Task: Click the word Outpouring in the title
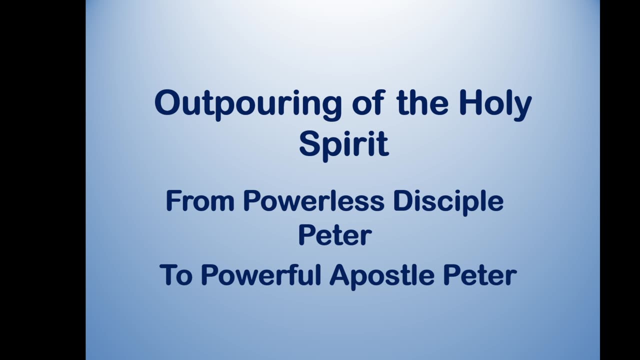248,104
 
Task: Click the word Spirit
343,144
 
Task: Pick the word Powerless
313,201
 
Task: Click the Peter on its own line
334,235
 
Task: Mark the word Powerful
261,275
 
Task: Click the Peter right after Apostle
479,275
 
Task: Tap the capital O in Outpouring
167,103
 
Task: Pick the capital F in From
172,201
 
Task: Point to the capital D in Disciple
401,201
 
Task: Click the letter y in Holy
522,107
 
